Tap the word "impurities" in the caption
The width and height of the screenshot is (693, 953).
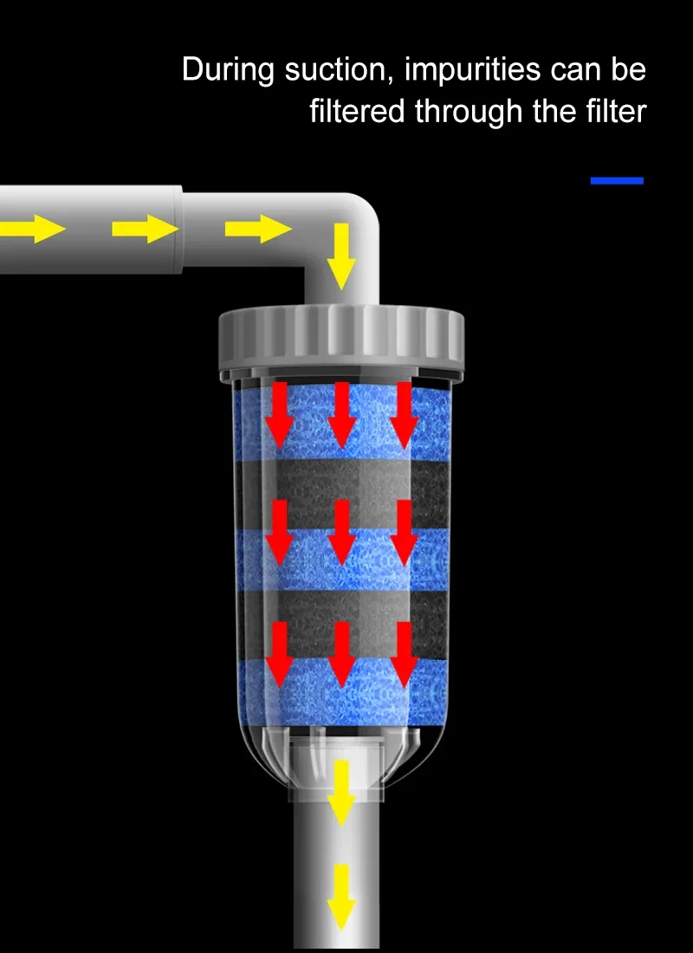tap(474, 71)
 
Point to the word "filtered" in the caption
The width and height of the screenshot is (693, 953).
tap(357, 112)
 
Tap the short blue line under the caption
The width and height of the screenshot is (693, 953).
tap(617, 180)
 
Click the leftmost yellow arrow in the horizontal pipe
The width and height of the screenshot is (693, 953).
tap(32, 229)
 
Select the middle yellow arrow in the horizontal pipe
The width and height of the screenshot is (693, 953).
tap(146, 229)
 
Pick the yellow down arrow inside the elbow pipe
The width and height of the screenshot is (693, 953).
tap(341, 256)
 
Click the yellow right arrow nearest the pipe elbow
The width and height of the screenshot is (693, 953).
tap(258, 229)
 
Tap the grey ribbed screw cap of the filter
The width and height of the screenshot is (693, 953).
tap(341, 341)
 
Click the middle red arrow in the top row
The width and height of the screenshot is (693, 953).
tap(341, 414)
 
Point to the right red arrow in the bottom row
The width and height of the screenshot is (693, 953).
tap(404, 655)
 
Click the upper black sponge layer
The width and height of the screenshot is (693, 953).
tap(341, 494)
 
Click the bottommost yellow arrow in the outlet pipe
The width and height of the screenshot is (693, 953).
tap(341, 897)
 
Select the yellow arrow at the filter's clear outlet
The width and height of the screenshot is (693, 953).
tap(341, 793)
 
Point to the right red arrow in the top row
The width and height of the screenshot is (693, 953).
tap(404, 414)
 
